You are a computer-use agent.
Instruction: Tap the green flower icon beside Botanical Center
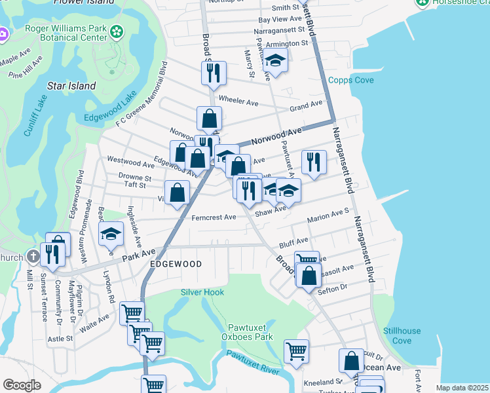[x=117, y=31]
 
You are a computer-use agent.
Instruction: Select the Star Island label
[x=71, y=86]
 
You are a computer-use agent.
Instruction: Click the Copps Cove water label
[x=350, y=80]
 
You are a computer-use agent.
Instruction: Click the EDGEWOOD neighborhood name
[x=175, y=263]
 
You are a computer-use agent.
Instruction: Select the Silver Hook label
[x=202, y=292]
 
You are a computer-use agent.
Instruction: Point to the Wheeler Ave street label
[x=238, y=102]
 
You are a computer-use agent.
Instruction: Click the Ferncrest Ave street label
[x=214, y=217]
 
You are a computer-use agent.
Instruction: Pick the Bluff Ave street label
[x=293, y=242]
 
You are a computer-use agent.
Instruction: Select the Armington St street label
[x=286, y=43]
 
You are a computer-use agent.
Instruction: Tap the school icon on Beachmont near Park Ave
[x=111, y=234]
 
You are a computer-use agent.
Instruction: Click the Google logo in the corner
[x=22, y=384]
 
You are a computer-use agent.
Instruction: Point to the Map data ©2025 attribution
[x=462, y=388]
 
